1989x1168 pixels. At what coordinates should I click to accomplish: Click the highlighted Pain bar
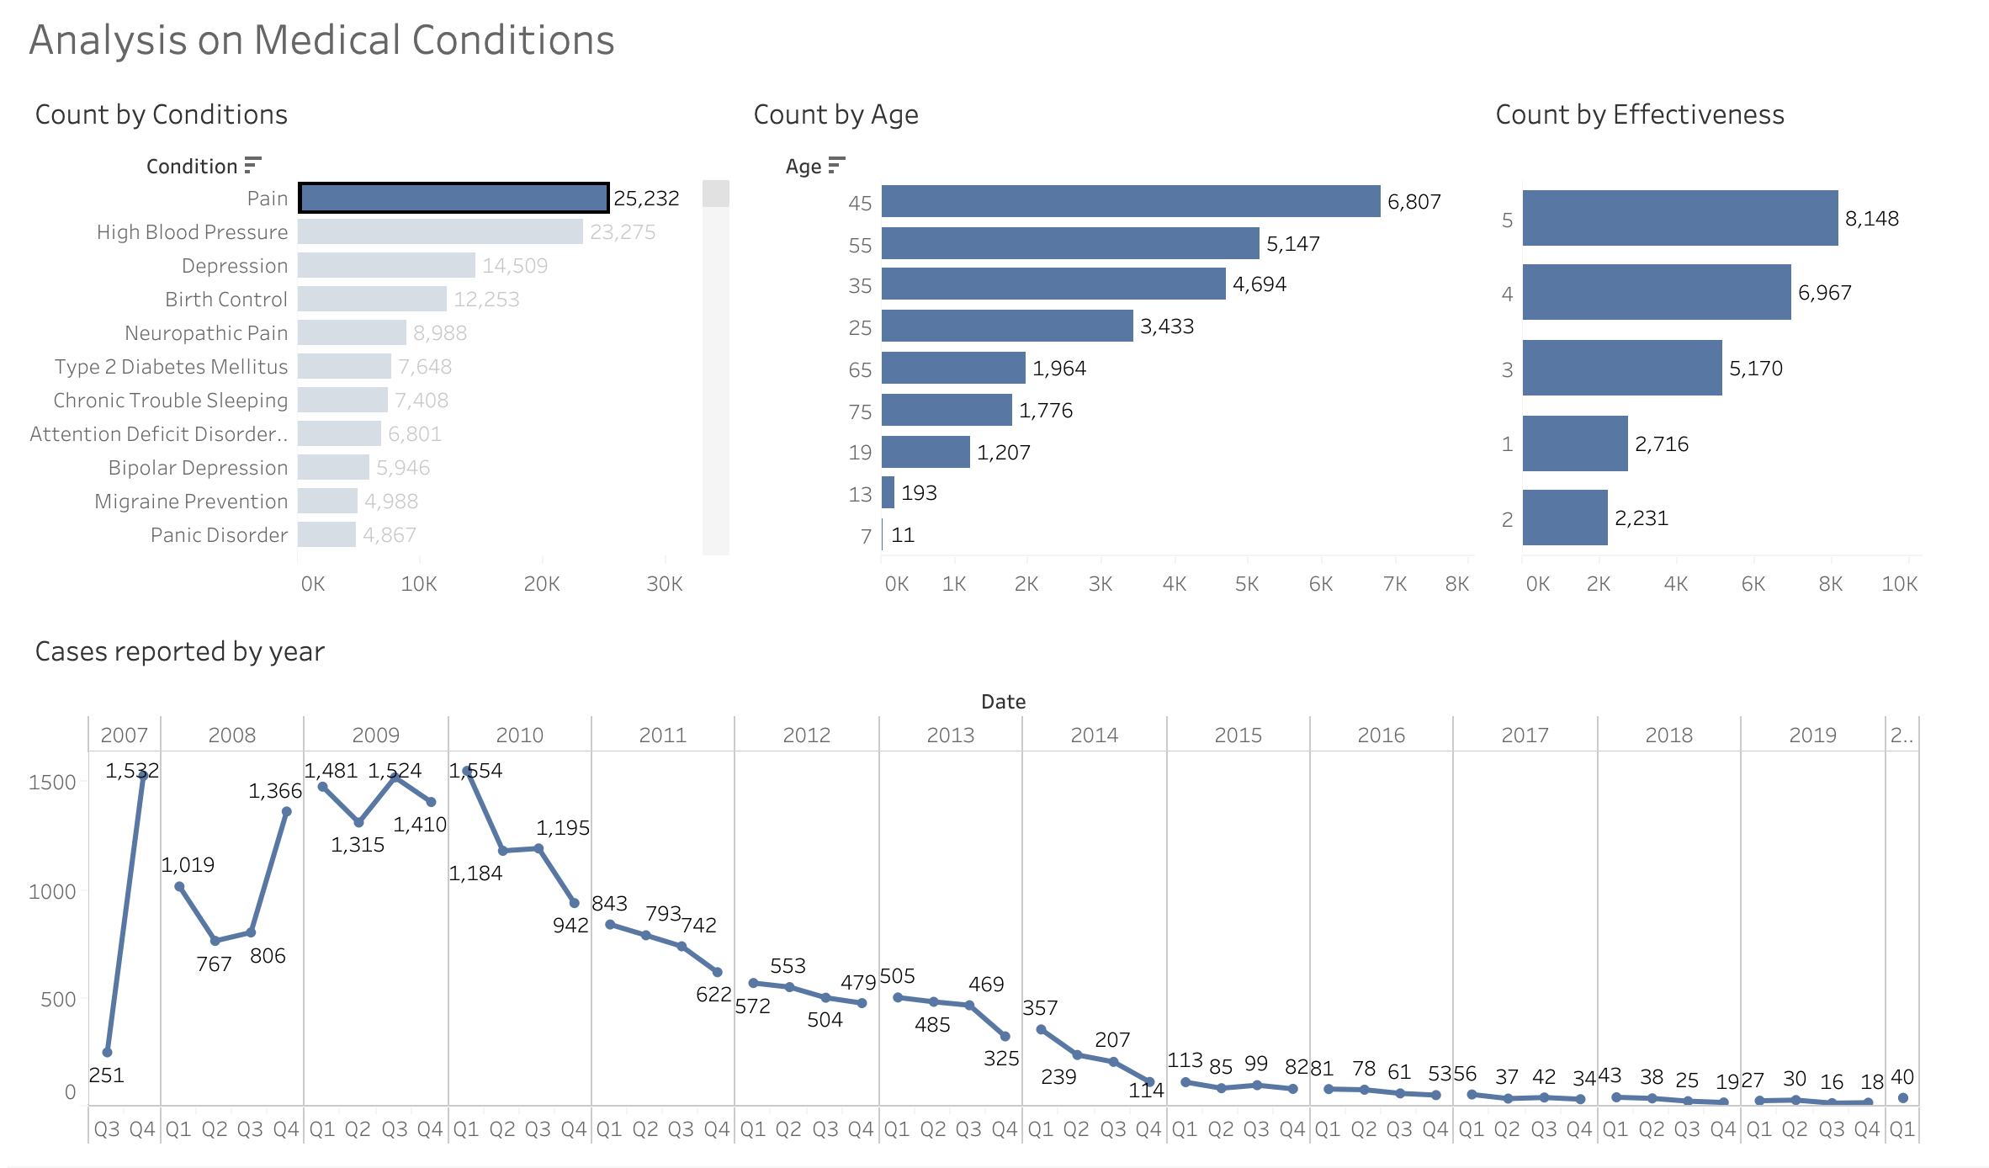click(x=453, y=198)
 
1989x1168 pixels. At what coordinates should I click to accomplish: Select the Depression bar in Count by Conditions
click(x=386, y=265)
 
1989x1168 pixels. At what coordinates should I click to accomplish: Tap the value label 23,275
click(x=623, y=232)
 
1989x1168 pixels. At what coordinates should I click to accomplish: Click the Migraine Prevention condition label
click(x=191, y=502)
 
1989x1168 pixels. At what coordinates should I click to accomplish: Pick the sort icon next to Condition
click(x=252, y=165)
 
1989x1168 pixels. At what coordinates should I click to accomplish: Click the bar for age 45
click(x=1131, y=201)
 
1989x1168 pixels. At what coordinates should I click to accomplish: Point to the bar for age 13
click(x=888, y=492)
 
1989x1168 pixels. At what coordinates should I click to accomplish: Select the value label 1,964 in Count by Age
click(x=1059, y=369)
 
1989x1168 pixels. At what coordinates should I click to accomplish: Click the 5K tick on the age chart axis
click(x=1247, y=584)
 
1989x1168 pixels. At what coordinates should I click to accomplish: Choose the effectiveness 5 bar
click(x=1679, y=218)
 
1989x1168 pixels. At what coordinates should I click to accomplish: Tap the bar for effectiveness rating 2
click(x=1565, y=518)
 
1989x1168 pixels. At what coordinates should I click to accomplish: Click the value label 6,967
click(x=1825, y=293)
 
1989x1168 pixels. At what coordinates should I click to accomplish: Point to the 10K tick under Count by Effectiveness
click(x=1900, y=584)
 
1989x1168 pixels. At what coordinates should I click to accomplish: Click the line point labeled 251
click(x=107, y=1052)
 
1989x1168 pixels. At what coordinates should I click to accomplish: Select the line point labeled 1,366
click(x=286, y=812)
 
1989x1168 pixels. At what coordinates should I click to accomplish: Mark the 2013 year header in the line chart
click(x=950, y=735)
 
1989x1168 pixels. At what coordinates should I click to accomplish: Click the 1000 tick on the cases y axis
click(x=52, y=892)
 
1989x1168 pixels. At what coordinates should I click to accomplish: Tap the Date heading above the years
click(x=1003, y=702)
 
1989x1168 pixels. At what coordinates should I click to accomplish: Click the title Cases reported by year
click(x=179, y=651)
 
